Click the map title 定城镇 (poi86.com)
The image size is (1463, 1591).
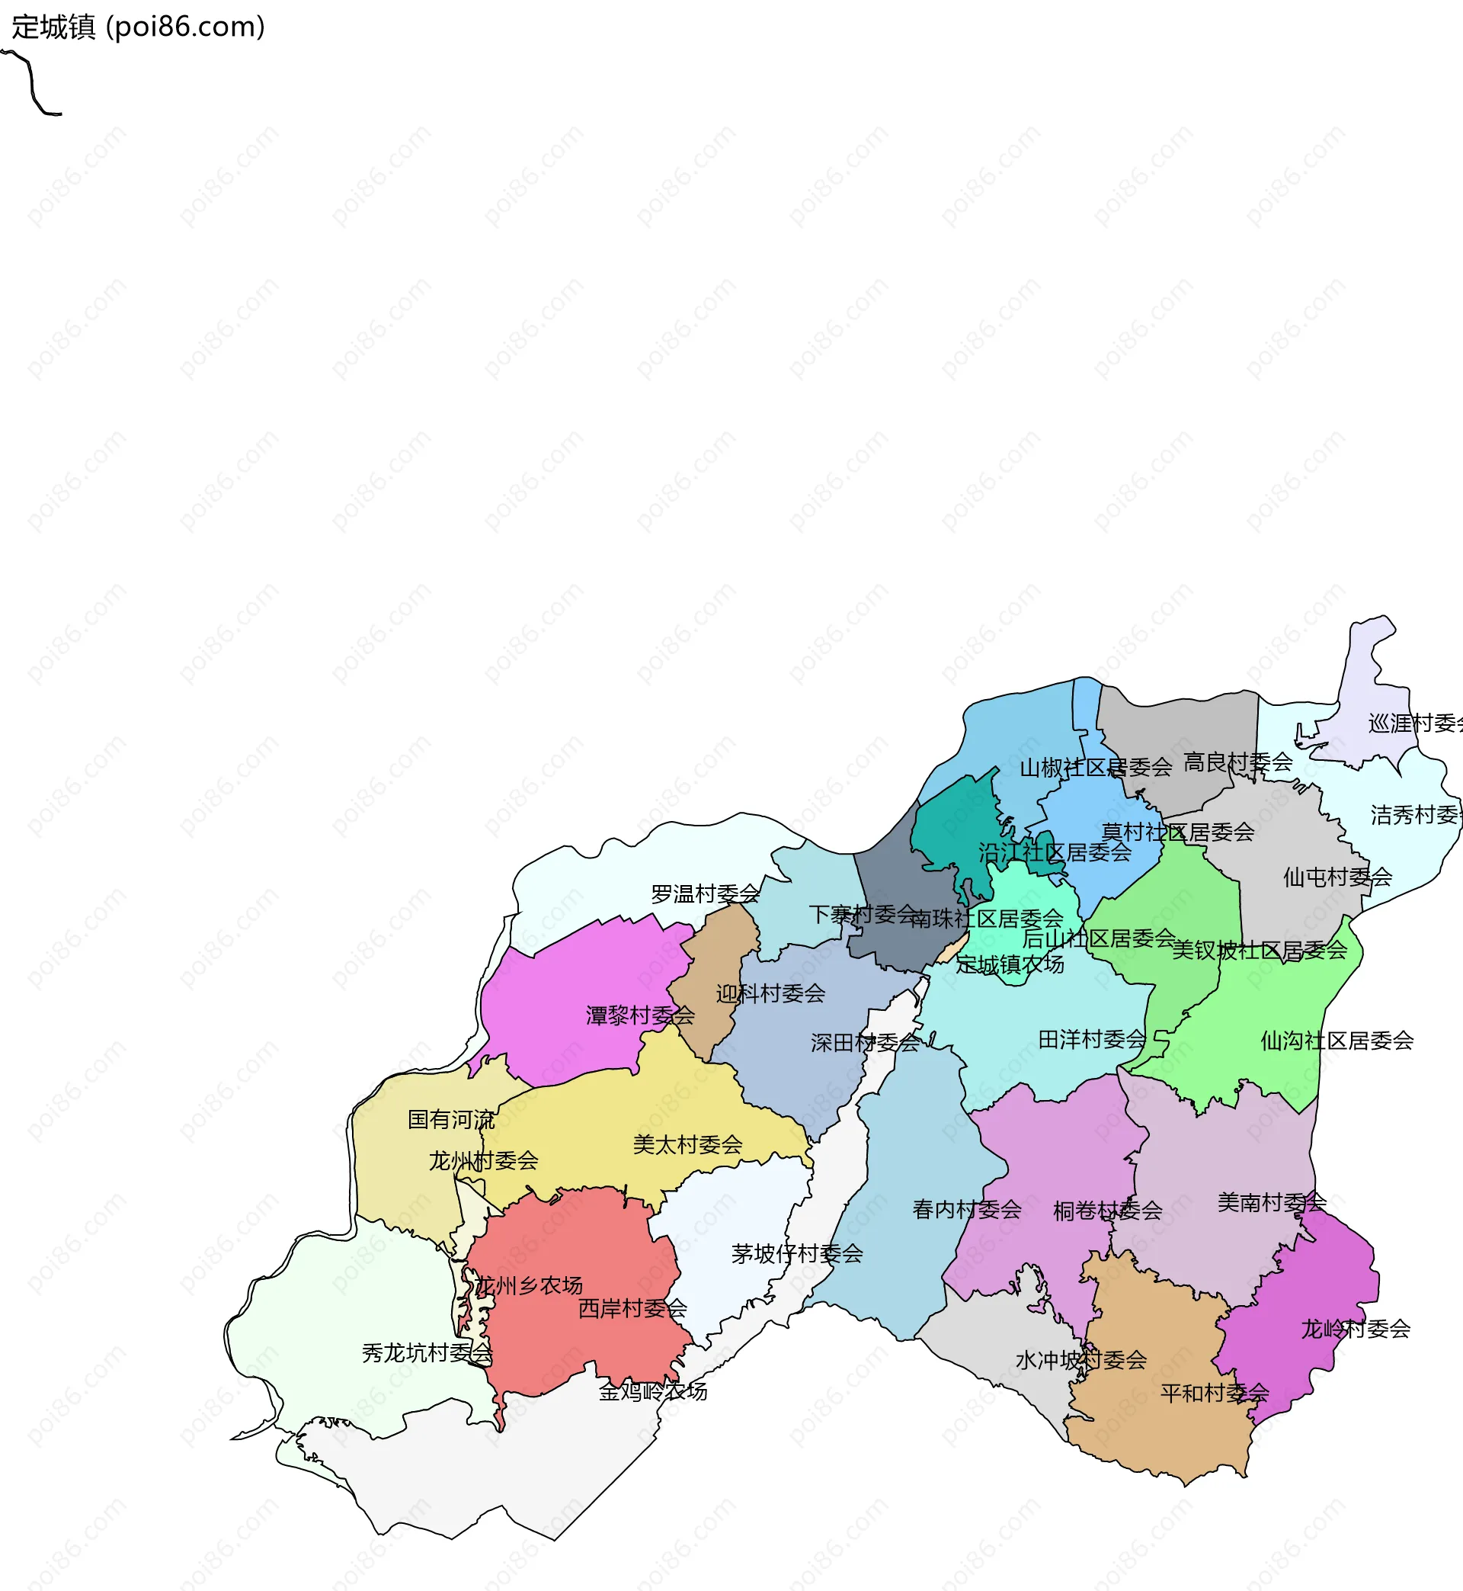(139, 27)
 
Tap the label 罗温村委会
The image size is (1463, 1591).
(705, 894)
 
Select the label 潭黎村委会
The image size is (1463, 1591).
(639, 1015)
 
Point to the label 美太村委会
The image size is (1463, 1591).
(687, 1144)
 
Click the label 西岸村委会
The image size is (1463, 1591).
(632, 1308)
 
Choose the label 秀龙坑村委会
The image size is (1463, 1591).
(427, 1352)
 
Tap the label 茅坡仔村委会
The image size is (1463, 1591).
(796, 1253)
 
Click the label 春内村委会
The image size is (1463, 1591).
(966, 1209)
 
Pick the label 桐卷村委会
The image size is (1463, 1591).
(1108, 1211)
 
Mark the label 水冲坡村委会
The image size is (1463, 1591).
(1080, 1360)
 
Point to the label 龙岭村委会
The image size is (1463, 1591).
(1356, 1329)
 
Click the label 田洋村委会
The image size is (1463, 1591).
(1092, 1040)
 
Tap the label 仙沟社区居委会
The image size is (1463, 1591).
(1337, 1041)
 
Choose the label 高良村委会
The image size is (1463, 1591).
(1237, 762)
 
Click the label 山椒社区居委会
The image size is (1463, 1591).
(1095, 768)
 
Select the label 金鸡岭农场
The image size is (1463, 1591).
(652, 1391)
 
